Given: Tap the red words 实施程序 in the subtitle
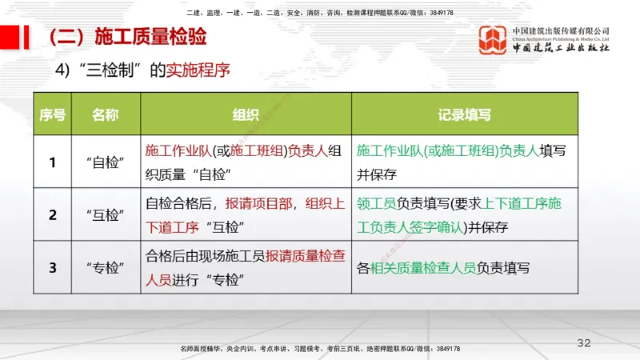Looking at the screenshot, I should (x=198, y=70).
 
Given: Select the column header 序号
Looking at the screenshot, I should (x=52, y=114).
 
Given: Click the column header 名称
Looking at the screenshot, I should (x=105, y=114).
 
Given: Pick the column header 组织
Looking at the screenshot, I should (x=245, y=114).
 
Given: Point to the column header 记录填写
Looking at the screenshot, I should (x=463, y=114).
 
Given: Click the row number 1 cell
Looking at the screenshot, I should (x=52, y=162).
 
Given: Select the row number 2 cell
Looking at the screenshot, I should (x=52, y=214).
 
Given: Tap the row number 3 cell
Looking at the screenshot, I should (x=52, y=267).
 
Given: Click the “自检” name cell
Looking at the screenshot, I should (x=105, y=162).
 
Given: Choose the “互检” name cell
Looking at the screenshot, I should (x=105, y=214).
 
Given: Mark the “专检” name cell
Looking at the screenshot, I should (x=105, y=267).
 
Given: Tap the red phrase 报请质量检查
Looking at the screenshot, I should (x=299, y=257).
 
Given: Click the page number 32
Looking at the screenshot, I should (x=584, y=342).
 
